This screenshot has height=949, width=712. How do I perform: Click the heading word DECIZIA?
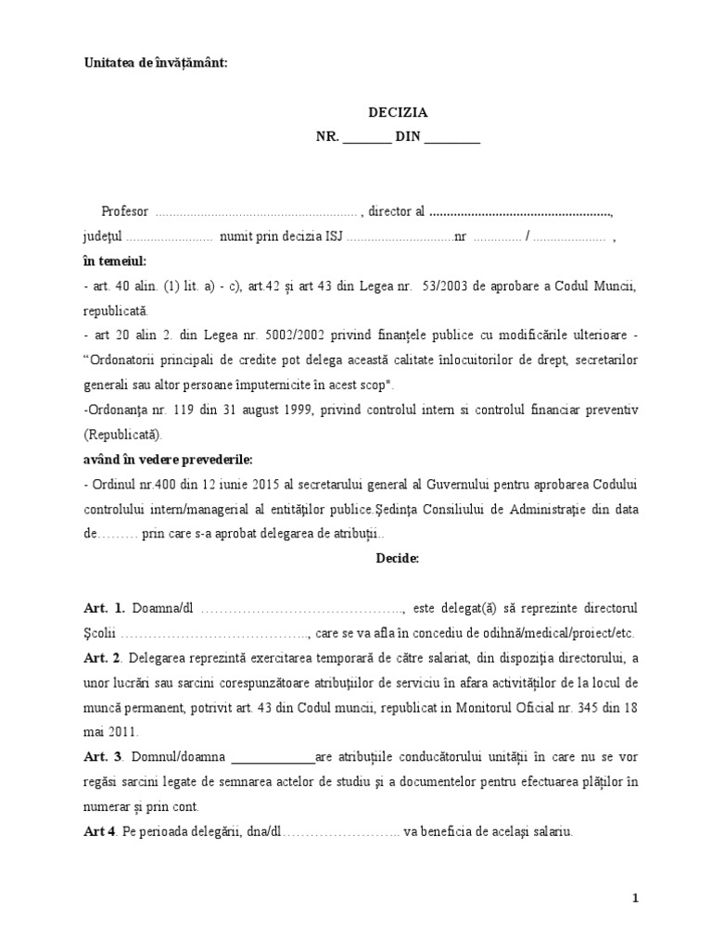click(x=398, y=112)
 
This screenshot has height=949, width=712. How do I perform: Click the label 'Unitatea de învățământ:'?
click(x=155, y=63)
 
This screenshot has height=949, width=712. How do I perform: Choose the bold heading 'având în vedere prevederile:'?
click(x=167, y=459)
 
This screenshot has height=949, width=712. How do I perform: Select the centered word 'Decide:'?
click(x=398, y=559)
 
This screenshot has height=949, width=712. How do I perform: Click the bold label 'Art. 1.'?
click(x=103, y=608)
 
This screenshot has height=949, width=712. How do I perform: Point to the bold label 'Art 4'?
click(x=99, y=831)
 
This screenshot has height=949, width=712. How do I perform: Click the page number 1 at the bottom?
click(x=636, y=898)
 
